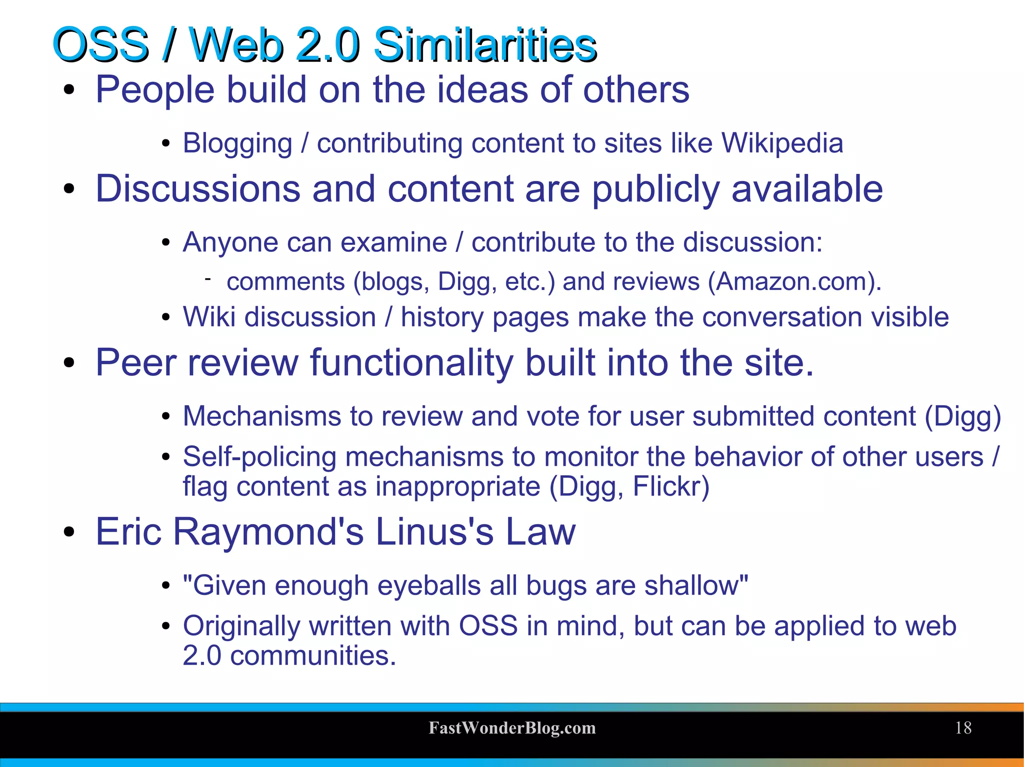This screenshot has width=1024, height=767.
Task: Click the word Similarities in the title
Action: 485,45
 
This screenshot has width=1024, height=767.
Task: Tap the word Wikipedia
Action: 782,143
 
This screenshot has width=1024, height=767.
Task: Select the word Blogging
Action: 237,144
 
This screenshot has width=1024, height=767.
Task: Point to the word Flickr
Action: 670,487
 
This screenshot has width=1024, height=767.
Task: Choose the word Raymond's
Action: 268,532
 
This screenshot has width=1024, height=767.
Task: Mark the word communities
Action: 313,656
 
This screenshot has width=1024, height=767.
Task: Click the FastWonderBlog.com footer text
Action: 512,728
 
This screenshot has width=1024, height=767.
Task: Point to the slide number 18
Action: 963,728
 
